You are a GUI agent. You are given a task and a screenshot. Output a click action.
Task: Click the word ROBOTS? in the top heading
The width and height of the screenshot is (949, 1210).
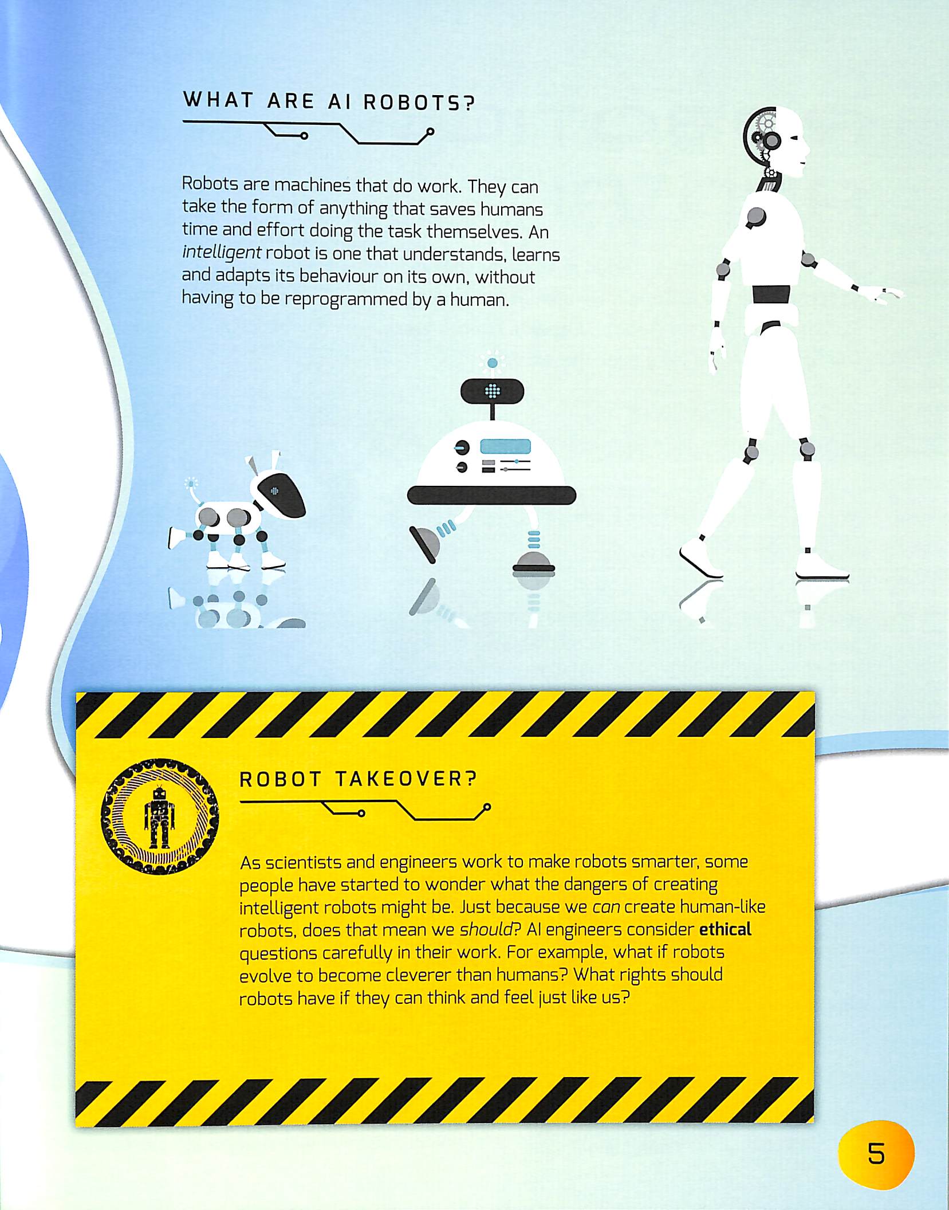[420, 103]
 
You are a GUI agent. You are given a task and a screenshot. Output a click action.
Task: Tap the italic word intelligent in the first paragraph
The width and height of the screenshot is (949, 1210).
[222, 253]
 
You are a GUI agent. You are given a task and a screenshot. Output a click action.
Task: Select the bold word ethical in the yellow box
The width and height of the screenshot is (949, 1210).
[725, 929]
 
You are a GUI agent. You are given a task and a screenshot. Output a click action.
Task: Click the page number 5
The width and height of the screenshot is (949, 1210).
[876, 1154]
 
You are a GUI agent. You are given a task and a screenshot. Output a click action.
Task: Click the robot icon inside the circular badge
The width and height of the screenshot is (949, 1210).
[159, 816]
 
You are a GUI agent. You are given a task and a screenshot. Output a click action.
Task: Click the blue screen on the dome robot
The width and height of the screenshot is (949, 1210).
[505, 446]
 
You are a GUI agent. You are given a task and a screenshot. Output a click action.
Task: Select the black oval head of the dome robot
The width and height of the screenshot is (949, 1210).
[492, 391]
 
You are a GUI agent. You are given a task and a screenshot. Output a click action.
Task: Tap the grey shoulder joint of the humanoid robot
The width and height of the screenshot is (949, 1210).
[756, 217]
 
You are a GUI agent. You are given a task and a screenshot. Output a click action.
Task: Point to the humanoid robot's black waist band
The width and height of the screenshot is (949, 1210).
[771, 294]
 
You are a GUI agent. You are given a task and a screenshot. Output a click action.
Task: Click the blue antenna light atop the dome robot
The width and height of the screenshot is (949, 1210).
[492, 363]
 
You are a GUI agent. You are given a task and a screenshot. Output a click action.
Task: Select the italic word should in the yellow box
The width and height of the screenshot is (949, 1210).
[486, 929]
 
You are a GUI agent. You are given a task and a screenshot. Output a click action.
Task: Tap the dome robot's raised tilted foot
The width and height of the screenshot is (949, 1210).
[426, 544]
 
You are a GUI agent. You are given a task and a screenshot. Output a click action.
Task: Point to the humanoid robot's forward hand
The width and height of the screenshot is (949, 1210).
[885, 294]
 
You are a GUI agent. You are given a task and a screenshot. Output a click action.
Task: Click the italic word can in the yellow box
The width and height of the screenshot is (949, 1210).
[606, 907]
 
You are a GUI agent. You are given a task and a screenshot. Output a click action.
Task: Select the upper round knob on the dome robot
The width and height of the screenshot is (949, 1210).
[461, 447]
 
